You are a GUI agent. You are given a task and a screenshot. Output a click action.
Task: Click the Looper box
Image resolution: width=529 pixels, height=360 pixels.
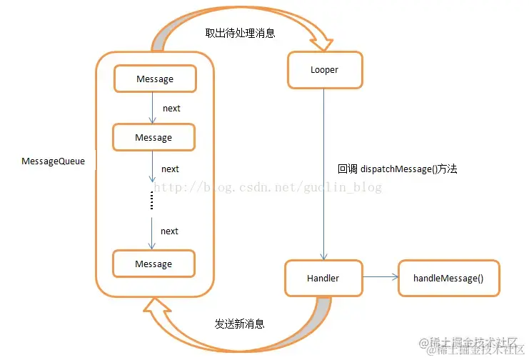(x=325, y=71)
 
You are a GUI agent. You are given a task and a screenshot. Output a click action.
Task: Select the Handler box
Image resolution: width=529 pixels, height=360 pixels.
(x=323, y=278)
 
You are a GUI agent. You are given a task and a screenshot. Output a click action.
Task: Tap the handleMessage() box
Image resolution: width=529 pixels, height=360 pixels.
(x=448, y=278)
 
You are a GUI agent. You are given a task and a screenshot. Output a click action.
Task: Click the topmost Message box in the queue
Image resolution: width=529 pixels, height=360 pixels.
(x=155, y=79)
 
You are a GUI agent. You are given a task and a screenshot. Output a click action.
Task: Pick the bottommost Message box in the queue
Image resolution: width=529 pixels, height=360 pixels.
(x=153, y=264)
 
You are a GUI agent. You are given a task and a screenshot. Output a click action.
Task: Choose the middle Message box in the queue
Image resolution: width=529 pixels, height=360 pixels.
(x=153, y=137)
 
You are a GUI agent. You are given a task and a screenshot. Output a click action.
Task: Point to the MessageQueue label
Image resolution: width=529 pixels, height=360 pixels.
(x=53, y=161)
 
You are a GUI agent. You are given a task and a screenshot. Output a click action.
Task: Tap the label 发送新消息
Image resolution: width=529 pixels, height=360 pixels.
(x=240, y=324)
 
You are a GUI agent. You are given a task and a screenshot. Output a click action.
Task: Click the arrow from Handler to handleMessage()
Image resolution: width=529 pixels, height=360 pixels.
(x=380, y=276)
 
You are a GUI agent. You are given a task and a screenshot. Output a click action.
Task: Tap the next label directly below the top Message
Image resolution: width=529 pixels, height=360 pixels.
(x=171, y=109)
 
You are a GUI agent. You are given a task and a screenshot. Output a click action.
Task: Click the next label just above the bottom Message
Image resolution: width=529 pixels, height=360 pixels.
(x=169, y=231)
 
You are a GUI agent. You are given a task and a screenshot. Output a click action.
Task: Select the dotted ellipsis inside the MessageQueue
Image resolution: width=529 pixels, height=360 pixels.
(x=152, y=202)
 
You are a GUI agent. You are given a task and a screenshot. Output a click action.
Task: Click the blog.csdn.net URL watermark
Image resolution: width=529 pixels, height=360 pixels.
(x=268, y=188)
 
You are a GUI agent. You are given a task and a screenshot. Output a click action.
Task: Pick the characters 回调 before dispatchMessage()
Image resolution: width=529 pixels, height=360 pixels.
(x=348, y=169)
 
